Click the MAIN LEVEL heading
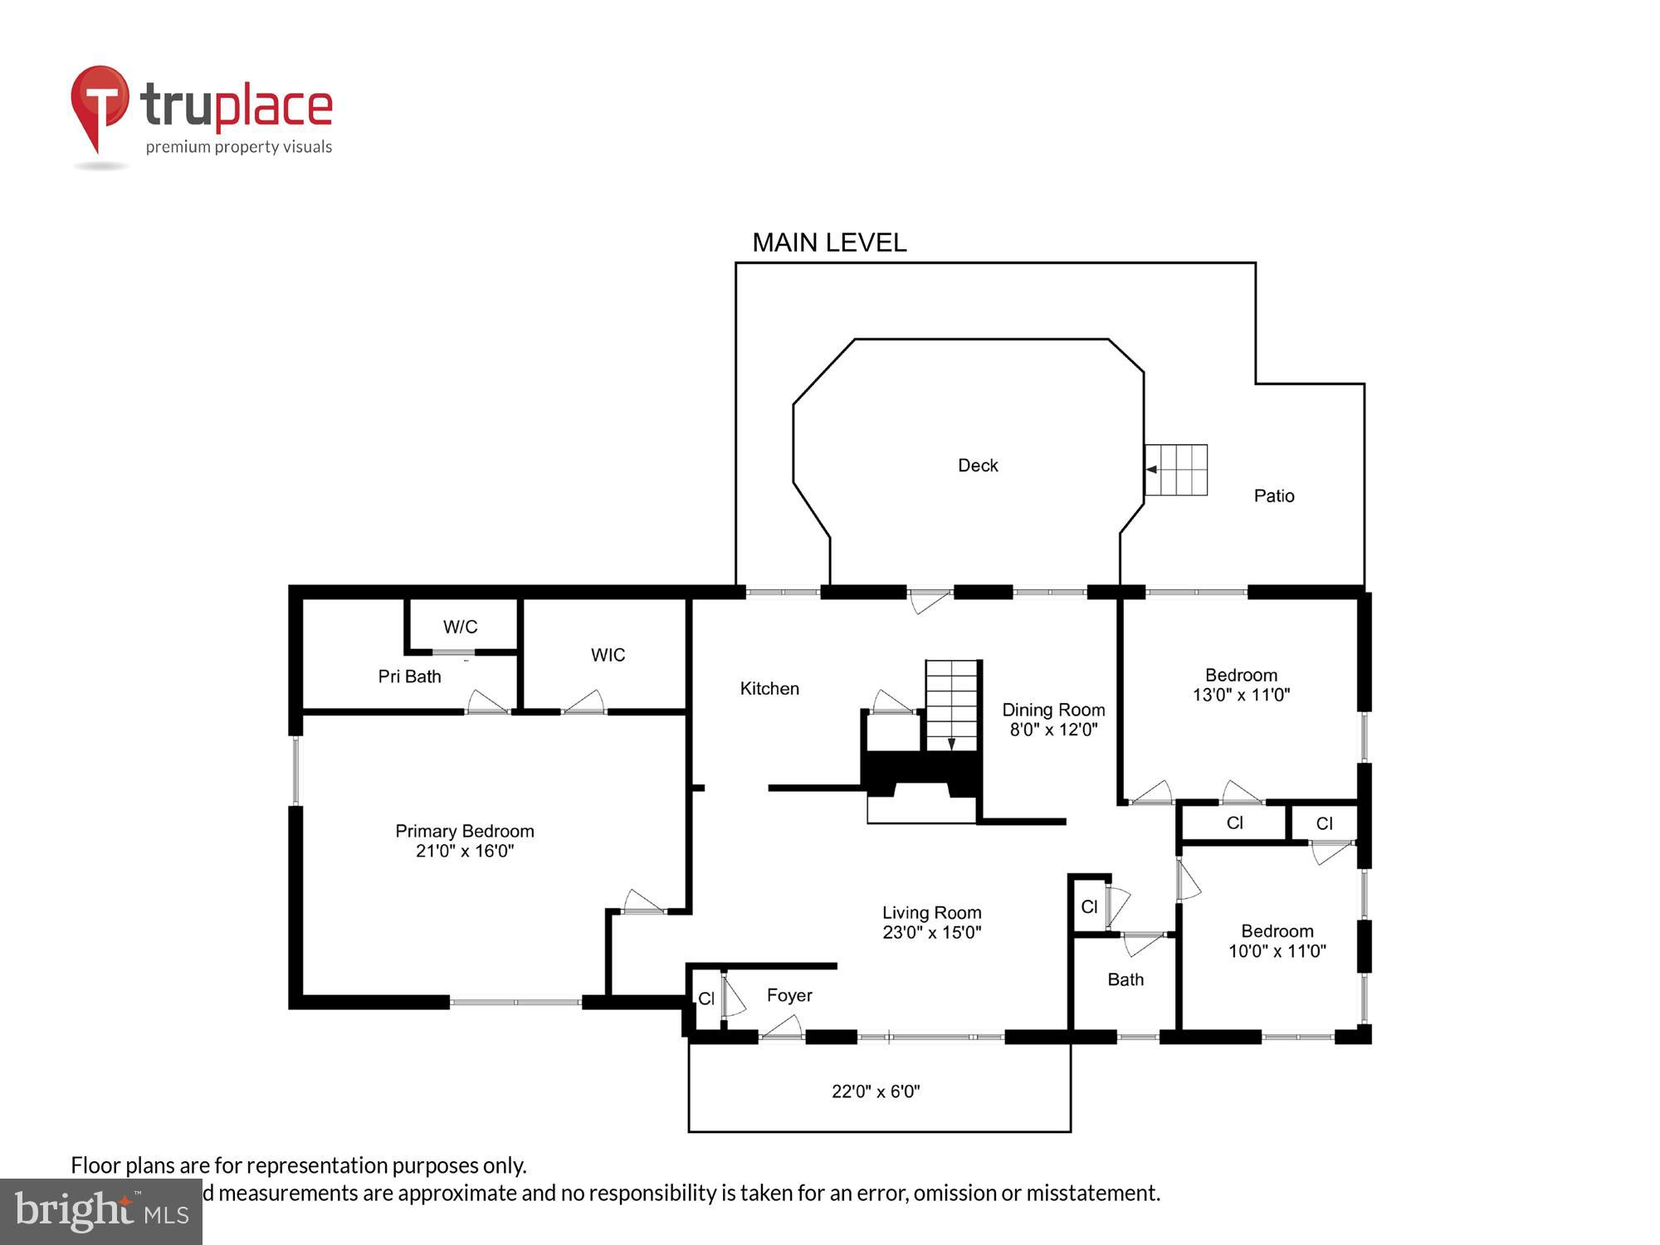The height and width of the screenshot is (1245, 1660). click(x=828, y=242)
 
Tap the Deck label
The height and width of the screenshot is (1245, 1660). click(x=978, y=466)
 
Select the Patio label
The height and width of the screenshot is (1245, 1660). click(x=1273, y=496)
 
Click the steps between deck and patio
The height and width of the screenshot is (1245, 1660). click(x=1176, y=470)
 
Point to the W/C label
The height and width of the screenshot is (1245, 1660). click(x=460, y=627)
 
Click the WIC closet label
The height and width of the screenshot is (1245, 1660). click(x=608, y=655)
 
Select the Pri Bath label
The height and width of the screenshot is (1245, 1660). click(x=409, y=676)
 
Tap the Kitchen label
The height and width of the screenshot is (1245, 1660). click(x=769, y=688)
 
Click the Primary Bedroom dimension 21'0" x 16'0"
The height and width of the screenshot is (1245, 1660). click(x=465, y=851)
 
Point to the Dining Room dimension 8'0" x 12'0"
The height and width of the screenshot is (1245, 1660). click(x=1053, y=730)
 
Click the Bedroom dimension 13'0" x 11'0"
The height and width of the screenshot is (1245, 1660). click(x=1241, y=695)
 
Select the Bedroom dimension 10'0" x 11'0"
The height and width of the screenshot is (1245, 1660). click(x=1277, y=951)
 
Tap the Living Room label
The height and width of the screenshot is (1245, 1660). click(x=931, y=912)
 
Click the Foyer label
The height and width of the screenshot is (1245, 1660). click(x=788, y=995)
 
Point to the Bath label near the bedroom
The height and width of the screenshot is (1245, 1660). click(x=1125, y=979)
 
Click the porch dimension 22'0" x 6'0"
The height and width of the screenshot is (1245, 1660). click(x=876, y=1091)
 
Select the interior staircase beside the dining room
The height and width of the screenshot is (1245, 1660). click(x=952, y=705)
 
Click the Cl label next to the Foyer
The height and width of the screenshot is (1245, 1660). click(x=706, y=998)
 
